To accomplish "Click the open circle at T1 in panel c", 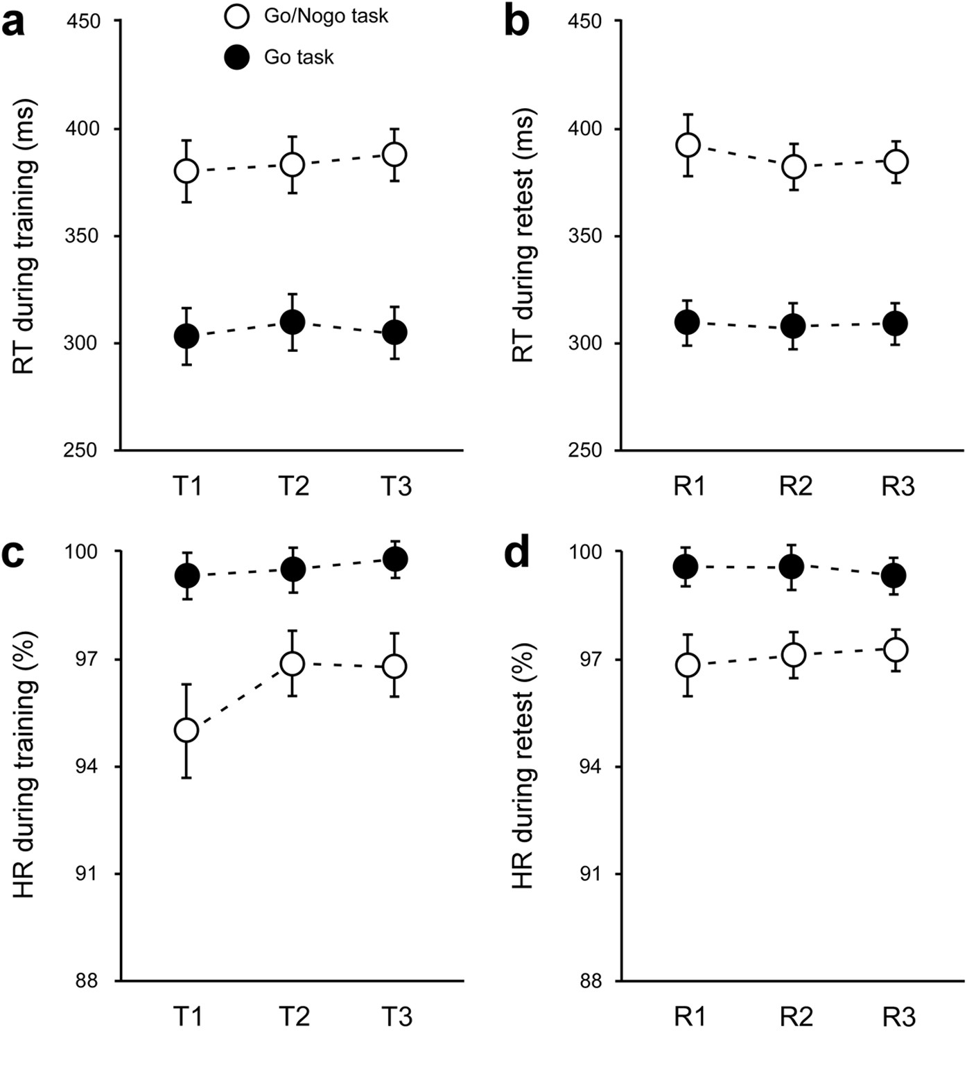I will pyautogui.click(x=186, y=730).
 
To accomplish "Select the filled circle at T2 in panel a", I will pyautogui.click(x=292, y=322).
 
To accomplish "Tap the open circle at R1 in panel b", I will pyautogui.click(x=688, y=145).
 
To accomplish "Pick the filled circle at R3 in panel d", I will pyautogui.click(x=895, y=575).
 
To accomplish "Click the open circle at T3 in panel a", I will pyautogui.click(x=394, y=154).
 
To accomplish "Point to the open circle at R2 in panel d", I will pyautogui.click(x=793, y=654).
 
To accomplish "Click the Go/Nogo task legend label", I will pyautogui.click(x=326, y=16).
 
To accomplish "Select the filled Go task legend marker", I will pyautogui.click(x=238, y=57).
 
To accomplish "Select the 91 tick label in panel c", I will pyautogui.click(x=90, y=874).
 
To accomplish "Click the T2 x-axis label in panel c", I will pyautogui.click(x=293, y=1016).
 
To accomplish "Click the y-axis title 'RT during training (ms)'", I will pyautogui.click(x=25, y=236).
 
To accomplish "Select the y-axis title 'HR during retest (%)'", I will pyautogui.click(x=525, y=766).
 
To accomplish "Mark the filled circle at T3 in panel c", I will pyautogui.click(x=394, y=559).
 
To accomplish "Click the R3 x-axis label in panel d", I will pyautogui.click(x=898, y=1016).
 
